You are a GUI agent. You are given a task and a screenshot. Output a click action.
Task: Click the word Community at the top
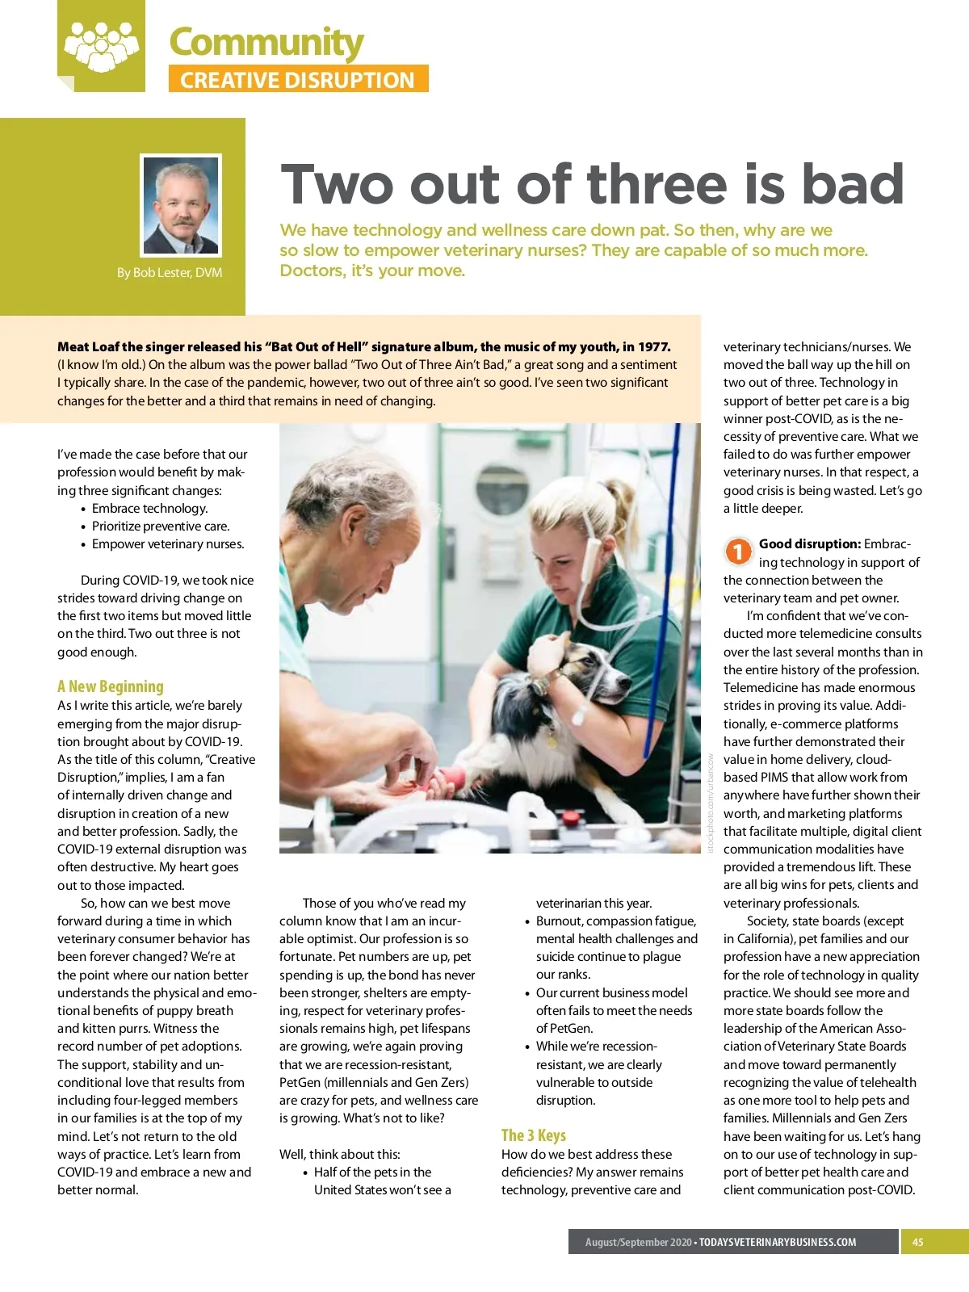(266, 42)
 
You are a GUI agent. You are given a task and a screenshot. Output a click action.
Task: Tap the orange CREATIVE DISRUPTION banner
(298, 79)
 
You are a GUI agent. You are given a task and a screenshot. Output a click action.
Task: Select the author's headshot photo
(181, 205)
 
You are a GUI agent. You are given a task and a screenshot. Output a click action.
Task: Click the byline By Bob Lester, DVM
(170, 272)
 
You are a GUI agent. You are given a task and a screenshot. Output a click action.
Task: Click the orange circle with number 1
(738, 552)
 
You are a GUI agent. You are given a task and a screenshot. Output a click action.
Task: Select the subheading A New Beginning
(111, 686)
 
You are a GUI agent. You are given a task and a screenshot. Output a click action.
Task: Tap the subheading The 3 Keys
(534, 1135)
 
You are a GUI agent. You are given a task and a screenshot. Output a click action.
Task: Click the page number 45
(918, 1242)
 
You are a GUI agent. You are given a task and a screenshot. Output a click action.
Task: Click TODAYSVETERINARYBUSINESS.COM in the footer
(778, 1242)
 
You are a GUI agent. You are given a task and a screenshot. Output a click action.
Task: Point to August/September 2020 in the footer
(638, 1242)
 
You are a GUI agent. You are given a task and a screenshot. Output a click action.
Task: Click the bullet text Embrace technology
(149, 508)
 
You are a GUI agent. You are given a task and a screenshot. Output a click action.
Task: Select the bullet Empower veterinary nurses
(168, 543)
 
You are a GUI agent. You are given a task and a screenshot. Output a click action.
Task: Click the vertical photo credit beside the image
(711, 803)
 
